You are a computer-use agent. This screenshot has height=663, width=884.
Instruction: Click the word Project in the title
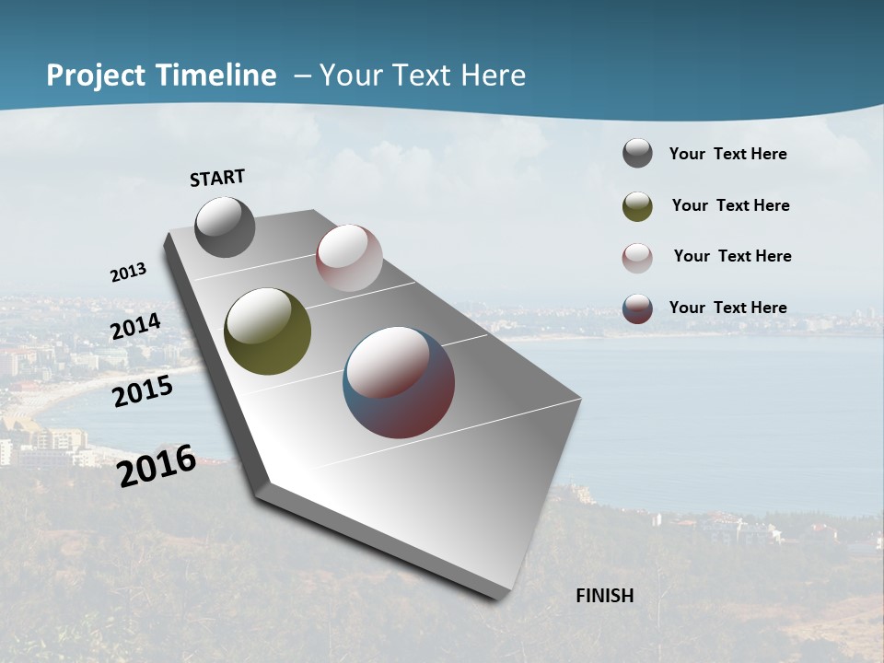[95, 76]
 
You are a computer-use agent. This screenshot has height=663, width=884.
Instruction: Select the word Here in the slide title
[493, 76]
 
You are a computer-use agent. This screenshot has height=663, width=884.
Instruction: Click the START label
[217, 178]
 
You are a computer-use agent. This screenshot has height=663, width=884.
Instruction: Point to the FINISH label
[605, 596]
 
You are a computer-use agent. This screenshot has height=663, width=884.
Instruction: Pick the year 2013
[129, 273]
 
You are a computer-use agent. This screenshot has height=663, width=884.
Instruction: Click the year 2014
[136, 327]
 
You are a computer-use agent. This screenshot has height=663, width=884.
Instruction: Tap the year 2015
[143, 391]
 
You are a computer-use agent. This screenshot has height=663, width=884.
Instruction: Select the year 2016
[157, 466]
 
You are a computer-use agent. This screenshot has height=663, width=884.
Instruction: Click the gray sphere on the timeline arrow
[226, 227]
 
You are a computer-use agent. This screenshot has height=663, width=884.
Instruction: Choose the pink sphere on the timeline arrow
[349, 258]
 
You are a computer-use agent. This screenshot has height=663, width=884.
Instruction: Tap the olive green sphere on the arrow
[268, 331]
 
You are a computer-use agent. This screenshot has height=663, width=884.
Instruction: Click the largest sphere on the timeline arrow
[399, 382]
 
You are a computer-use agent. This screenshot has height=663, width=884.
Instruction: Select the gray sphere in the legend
[637, 154]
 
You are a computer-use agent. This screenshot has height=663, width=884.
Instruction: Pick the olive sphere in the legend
[637, 206]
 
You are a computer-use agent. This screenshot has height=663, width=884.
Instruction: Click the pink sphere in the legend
[637, 258]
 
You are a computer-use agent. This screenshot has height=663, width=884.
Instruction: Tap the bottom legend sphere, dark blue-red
[637, 308]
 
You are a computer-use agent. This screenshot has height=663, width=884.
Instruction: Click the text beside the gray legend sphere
[727, 154]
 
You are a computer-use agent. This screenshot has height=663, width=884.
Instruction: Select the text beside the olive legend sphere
[730, 205]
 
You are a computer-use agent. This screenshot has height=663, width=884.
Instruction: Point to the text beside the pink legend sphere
[732, 256]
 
